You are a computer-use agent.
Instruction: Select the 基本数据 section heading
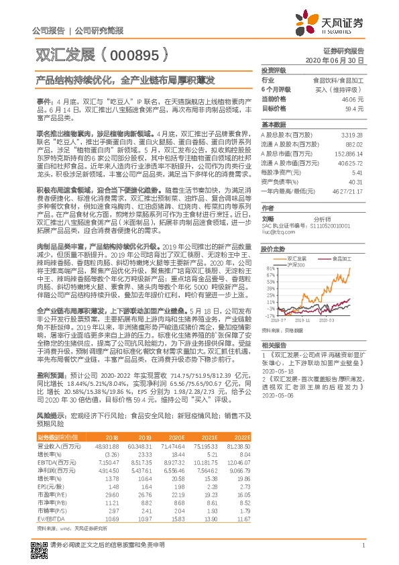click(x=273, y=125)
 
